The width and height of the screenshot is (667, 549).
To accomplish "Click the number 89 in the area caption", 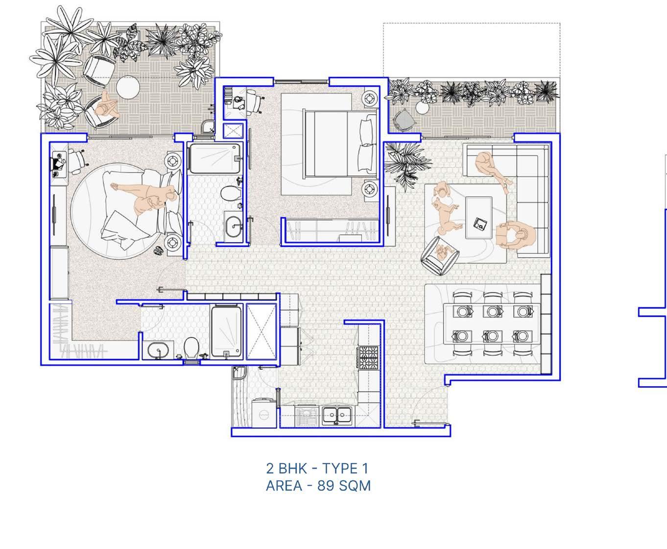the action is pyautogui.click(x=326, y=486).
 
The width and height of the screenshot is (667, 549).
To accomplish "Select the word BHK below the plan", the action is pyautogui.click(x=292, y=469).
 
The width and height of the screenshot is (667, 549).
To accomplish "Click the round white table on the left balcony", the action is pyautogui.click(x=128, y=87).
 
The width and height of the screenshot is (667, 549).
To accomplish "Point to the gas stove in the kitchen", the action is pyautogui.click(x=368, y=357).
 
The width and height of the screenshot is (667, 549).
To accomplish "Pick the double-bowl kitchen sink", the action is pyautogui.click(x=336, y=416).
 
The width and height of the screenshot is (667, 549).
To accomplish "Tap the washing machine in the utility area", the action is pyautogui.click(x=264, y=413).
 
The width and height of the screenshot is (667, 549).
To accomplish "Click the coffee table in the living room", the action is pyautogui.click(x=478, y=218).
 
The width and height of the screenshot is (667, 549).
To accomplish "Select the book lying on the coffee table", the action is pyautogui.click(x=480, y=224).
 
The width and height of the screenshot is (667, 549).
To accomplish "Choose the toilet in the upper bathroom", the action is pyautogui.click(x=230, y=194).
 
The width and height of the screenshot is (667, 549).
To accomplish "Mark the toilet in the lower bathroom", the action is pyautogui.click(x=191, y=348).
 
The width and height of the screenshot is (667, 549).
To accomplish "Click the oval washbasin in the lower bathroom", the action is pyautogui.click(x=158, y=350).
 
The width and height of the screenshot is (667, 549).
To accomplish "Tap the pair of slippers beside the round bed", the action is pyautogui.click(x=159, y=251).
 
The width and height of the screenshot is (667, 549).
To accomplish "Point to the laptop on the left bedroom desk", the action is pyautogui.click(x=57, y=164).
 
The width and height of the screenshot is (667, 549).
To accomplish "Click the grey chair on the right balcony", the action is pyautogui.click(x=403, y=120).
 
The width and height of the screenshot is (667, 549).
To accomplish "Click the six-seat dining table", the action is pyautogui.click(x=492, y=324).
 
